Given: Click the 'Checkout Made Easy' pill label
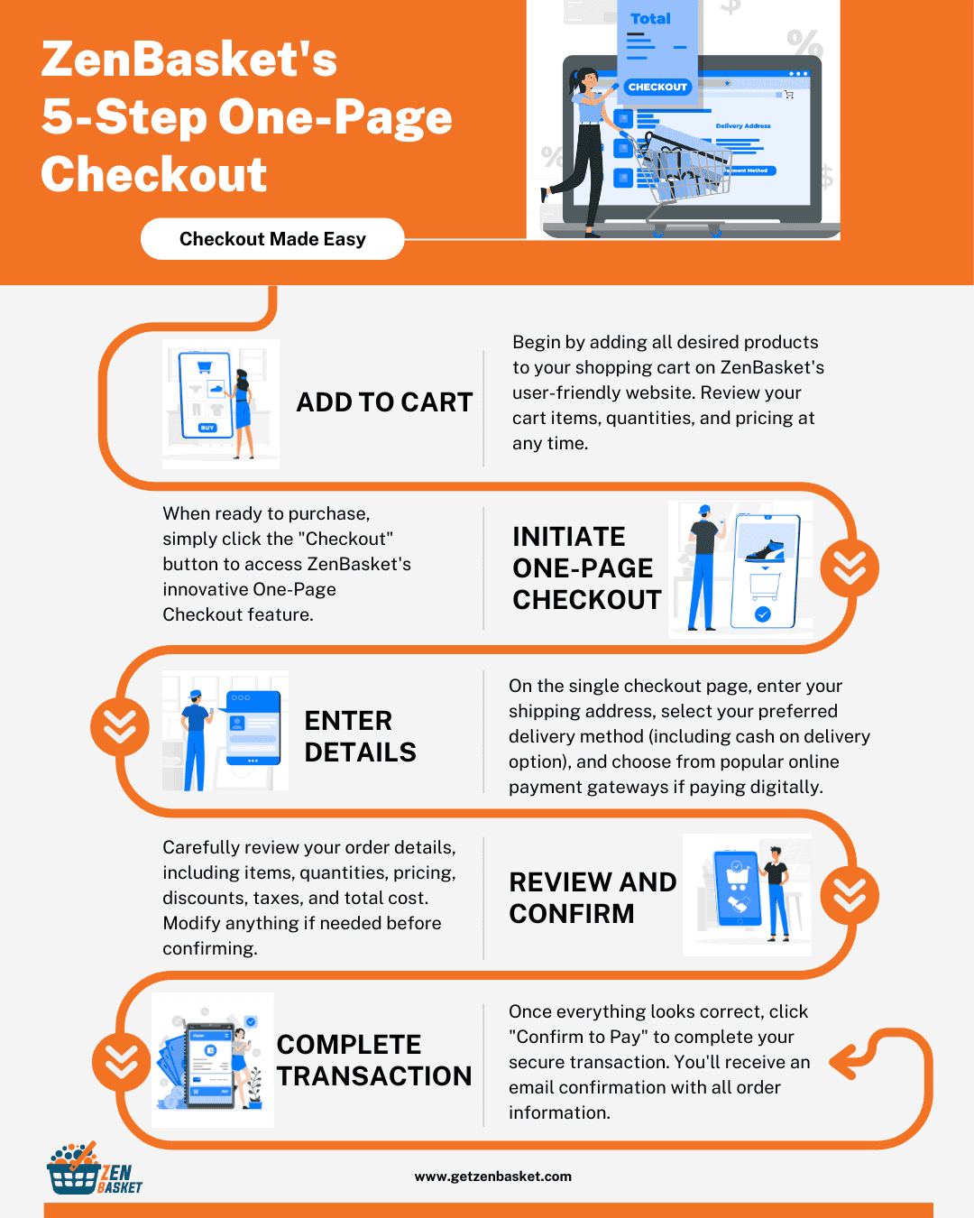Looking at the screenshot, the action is point(272,239).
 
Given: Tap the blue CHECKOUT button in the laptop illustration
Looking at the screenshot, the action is point(657,87).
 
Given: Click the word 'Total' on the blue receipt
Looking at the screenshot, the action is point(650,19).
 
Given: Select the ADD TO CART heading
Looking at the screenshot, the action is point(384,402).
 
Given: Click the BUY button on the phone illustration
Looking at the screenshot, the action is point(207,428).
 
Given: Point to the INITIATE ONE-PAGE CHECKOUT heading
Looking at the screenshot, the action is point(587,568).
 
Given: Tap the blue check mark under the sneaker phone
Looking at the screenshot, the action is point(762,614).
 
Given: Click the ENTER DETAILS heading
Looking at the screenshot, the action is point(360,736).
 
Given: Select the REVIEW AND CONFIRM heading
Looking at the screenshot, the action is point(593,898).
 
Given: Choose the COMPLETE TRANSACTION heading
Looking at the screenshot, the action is point(374,1060).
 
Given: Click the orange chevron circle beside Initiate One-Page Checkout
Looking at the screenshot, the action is point(849,567).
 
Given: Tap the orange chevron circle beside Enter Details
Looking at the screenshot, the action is point(120,726).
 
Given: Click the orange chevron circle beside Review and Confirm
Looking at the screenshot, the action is point(849,895).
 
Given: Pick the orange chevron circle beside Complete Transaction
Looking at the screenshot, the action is point(121,1062).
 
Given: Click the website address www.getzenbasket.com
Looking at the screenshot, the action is point(493,1176).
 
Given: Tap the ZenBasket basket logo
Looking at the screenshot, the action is point(94,1168).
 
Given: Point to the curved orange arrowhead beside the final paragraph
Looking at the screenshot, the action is point(844,1062).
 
